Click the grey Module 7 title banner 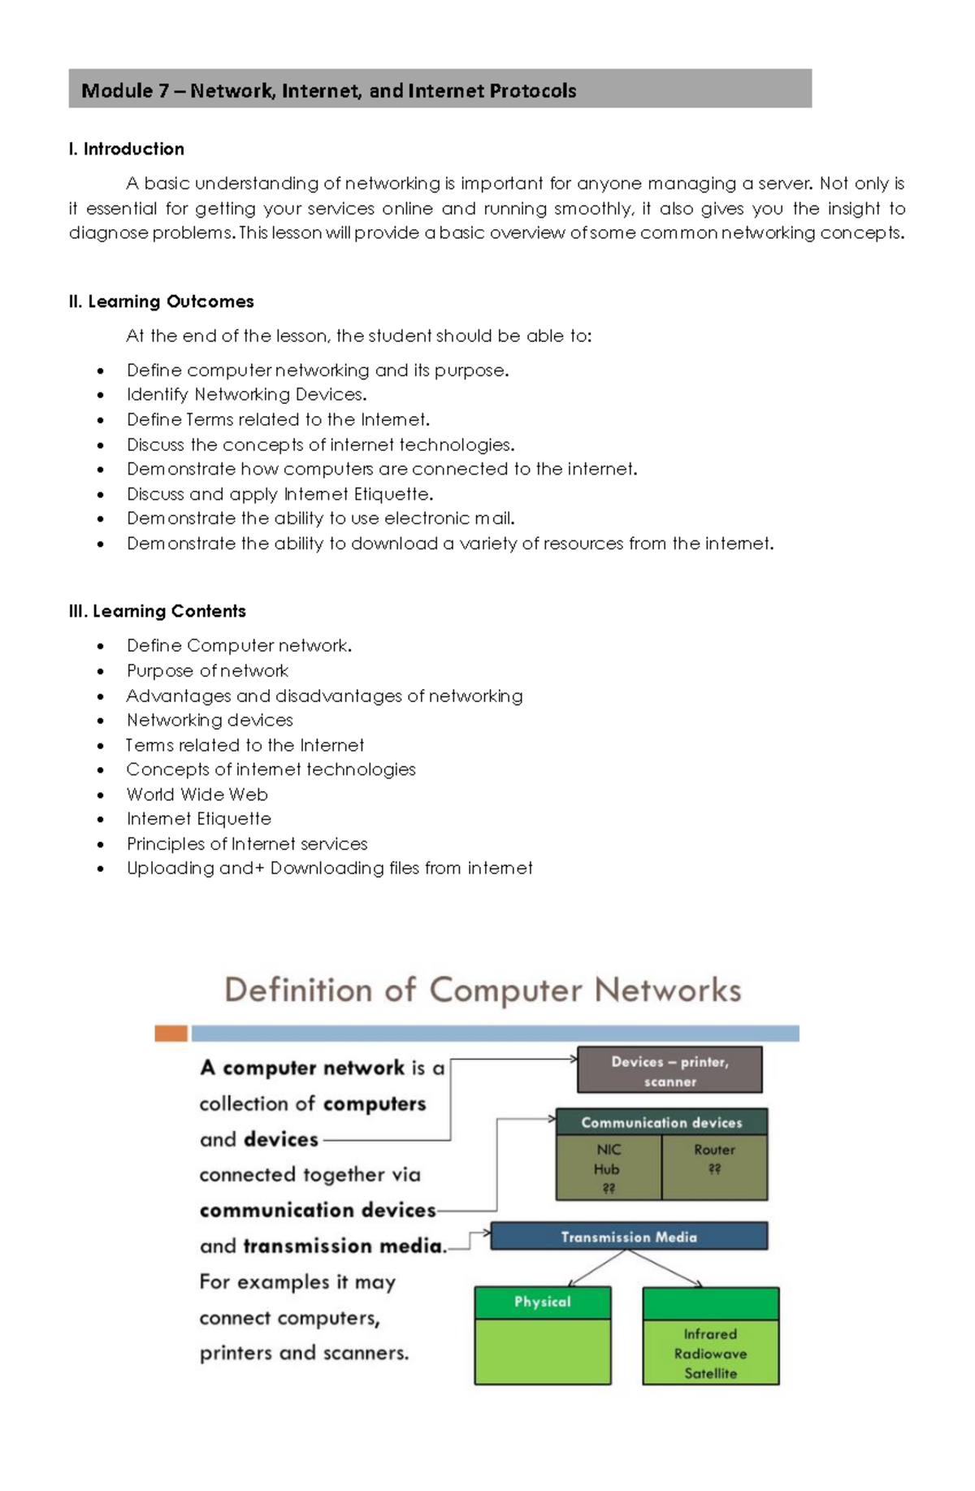pyautogui.click(x=440, y=89)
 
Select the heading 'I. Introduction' pyautogui.click(x=127, y=149)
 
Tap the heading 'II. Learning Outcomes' pyautogui.click(x=162, y=301)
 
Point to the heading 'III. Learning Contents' pyautogui.click(x=158, y=611)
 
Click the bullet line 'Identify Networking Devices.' pyautogui.click(x=246, y=395)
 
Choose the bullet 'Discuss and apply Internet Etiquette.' pyautogui.click(x=279, y=494)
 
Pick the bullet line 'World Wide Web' pyautogui.click(x=197, y=795)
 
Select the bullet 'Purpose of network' pyautogui.click(x=207, y=671)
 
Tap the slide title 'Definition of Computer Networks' pyautogui.click(x=483, y=990)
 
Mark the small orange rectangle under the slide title pyautogui.click(x=171, y=1034)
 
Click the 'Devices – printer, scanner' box pyautogui.click(x=669, y=1070)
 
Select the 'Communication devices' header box pyautogui.click(x=661, y=1122)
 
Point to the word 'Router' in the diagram pyautogui.click(x=714, y=1150)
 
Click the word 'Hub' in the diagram pyautogui.click(x=606, y=1169)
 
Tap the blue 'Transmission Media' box pyautogui.click(x=629, y=1237)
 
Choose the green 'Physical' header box pyautogui.click(x=543, y=1302)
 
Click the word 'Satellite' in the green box pyautogui.click(x=710, y=1373)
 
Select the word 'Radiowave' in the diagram pyautogui.click(x=710, y=1354)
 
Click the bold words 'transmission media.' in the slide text pyautogui.click(x=345, y=1246)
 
